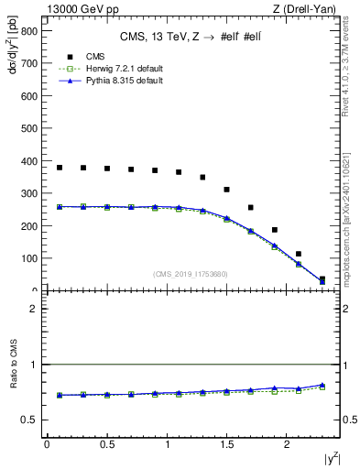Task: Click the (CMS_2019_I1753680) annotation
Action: pos(191,274)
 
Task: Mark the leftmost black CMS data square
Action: pos(60,168)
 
